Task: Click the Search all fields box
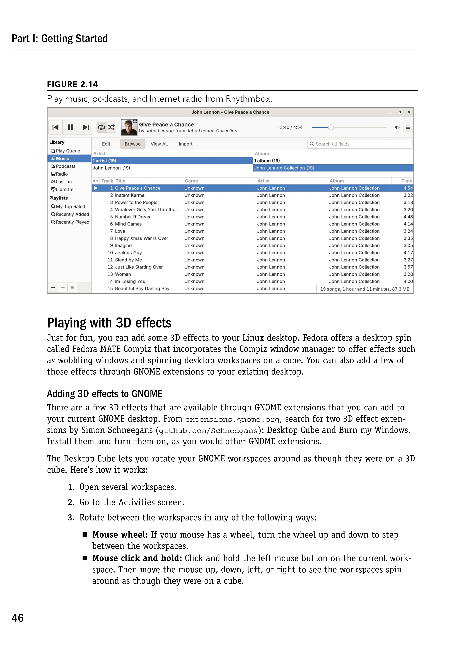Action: pos(360,144)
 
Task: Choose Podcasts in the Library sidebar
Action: pos(65,166)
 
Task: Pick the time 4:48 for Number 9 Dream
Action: pos(408,217)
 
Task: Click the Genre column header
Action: pos(191,181)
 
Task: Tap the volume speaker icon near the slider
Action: pos(397,127)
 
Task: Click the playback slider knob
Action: pos(331,127)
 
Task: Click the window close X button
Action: pos(409,112)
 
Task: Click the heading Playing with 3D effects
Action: pos(109,323)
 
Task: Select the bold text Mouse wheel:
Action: pos(120,535)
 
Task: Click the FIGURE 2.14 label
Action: pos(72,84)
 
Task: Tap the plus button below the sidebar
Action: pos(53,288)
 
